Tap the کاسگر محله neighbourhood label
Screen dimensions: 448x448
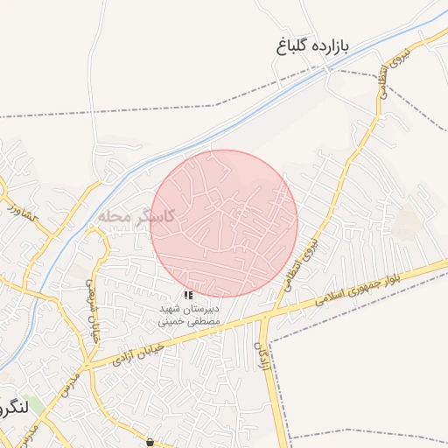tap(138, 215)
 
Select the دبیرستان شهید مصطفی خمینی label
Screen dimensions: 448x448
tap(190, 316)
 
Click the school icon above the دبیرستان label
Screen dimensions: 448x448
tap(189, 295)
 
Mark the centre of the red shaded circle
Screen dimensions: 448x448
tap(225, 223)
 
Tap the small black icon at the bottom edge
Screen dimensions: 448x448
tap(152, 442)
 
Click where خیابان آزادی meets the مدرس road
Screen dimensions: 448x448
tap(87, 363)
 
